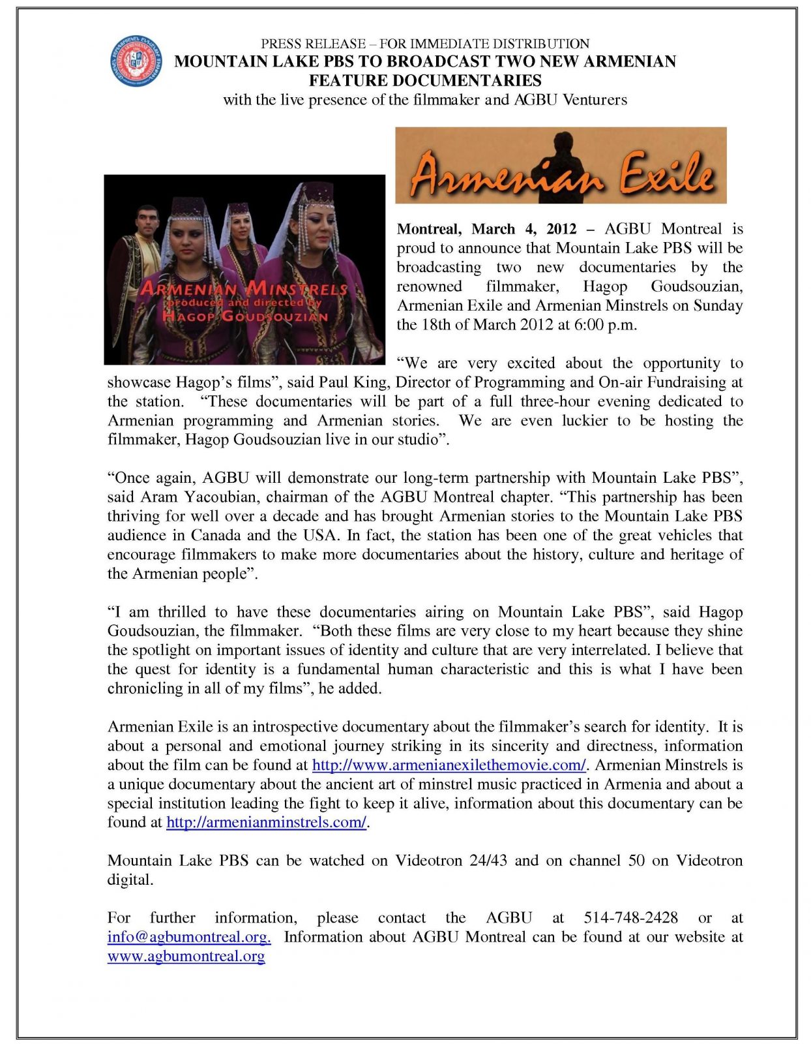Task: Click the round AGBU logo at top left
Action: pos(136,62)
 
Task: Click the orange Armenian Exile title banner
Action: pos(561,166)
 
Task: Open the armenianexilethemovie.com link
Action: pos(449,765)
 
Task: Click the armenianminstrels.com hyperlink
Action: pos(266,822)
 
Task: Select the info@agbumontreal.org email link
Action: pos(189,937)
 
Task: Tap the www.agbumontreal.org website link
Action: pos(186,957)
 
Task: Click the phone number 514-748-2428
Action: pos(630,918)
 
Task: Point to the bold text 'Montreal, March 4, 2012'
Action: pos(486,229)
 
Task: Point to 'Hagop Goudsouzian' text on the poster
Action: pos(245,316)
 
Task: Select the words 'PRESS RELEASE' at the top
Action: pos(314,44)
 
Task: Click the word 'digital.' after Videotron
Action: pos(130,880)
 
